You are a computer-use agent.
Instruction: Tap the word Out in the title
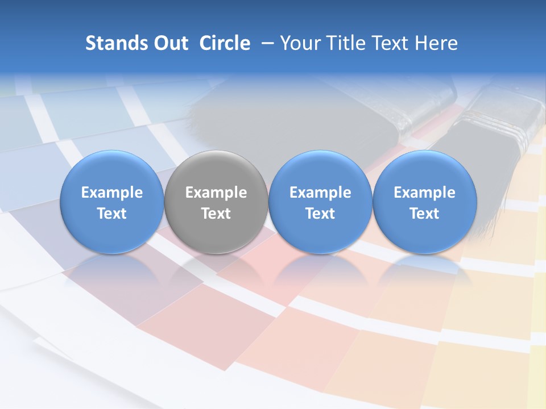tap(169, 43)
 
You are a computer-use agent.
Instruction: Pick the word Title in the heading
tap(348, 43)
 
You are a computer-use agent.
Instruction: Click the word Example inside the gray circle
tap(216, 193)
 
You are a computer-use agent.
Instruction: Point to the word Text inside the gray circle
tap(216, 214)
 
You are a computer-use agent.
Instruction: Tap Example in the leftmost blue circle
tap(112, 193)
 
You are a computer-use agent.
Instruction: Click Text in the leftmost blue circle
tap(112, 214)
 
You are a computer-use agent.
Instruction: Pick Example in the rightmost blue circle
tap(425, 193)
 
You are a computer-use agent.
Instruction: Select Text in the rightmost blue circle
tap(425, 214)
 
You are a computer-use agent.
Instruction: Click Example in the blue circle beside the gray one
tap(320, 193)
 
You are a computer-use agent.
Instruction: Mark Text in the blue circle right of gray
tap(320, 214)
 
